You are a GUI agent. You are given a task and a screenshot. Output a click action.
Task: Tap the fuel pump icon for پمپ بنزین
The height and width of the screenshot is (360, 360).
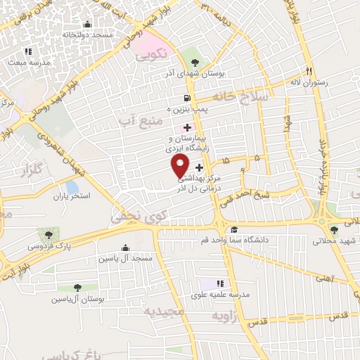(186, 98)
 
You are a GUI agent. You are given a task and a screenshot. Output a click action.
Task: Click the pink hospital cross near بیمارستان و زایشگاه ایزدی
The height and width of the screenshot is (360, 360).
(186, 127)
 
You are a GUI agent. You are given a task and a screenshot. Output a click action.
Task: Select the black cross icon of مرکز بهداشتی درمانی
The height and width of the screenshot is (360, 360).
(200, 168)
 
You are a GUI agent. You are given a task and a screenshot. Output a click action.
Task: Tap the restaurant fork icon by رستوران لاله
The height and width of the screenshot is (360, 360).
(308, 71)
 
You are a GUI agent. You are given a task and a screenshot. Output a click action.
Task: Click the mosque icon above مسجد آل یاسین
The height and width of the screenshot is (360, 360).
(125, 247)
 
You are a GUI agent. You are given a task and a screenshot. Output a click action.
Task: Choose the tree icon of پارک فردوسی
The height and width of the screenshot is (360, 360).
(49, 234)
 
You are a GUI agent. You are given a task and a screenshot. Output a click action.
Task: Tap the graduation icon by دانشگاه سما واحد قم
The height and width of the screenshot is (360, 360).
(234, 229)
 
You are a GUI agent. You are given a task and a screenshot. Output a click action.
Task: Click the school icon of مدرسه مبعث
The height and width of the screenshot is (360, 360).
(28, 51)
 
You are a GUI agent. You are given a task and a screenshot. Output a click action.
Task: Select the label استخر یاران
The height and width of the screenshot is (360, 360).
(72, 195)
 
